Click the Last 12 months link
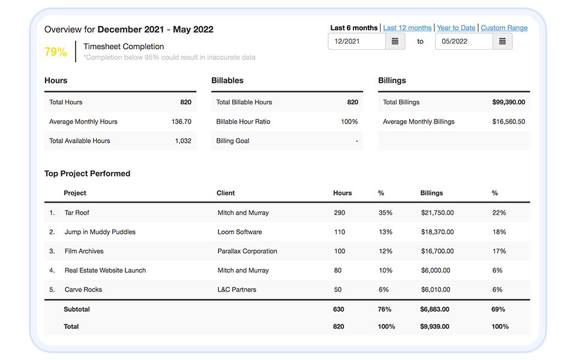[407, 28]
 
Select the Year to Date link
[456, 28]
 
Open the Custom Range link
[504, 28]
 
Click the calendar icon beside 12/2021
[395, 41]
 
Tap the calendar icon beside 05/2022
[502, 41]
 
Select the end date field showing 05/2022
[464, 41]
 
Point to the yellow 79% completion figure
[56, 52]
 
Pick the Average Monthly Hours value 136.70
[181, 121]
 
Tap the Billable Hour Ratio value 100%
[349, 121]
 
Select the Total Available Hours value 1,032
[183, 140]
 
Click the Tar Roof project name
[77, 212]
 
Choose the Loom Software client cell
[239, 232]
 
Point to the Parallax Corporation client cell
[247, 251]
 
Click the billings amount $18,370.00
[437, 232]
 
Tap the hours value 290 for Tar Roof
[340, 212]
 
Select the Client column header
[226, 193]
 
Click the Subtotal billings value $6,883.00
[434, 309]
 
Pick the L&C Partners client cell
[236, 289]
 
